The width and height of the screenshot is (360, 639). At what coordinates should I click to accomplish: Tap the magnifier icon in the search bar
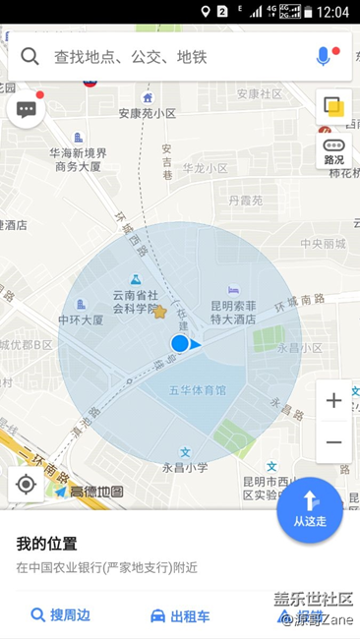point(30,56)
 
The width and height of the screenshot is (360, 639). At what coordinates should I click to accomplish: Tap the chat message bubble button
point(27,108)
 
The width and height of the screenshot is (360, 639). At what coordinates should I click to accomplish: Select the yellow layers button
point(334,106)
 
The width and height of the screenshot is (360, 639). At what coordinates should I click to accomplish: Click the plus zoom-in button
point(333,401)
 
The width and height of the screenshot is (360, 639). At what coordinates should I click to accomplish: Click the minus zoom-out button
point(333,441)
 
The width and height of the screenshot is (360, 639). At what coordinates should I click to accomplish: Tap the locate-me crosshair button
point(27,485)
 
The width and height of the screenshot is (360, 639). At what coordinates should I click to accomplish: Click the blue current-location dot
point(180,343)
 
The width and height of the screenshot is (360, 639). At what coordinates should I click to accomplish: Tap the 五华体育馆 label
point(197,390)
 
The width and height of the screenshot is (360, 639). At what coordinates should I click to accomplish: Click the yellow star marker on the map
point(159,312)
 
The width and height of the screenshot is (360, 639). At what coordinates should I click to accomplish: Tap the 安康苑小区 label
point(148,113)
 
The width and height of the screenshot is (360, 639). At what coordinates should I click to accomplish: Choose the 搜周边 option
point(61,615)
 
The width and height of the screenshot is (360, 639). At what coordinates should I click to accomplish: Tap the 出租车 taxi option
point(180,615)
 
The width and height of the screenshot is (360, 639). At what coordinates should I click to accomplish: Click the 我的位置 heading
point(46,543)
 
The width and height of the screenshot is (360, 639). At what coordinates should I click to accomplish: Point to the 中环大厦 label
point(83,319)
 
